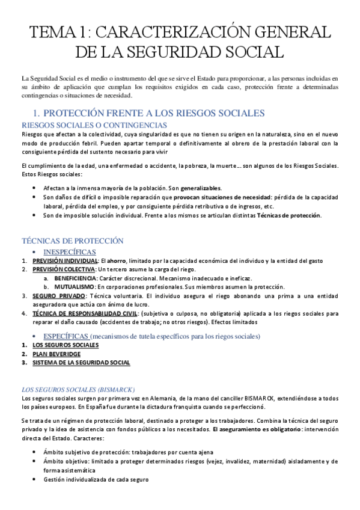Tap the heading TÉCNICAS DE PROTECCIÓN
tap(72, 241)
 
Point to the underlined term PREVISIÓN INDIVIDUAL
tap(65, 260)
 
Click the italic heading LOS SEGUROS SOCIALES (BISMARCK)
tap(78, 389)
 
